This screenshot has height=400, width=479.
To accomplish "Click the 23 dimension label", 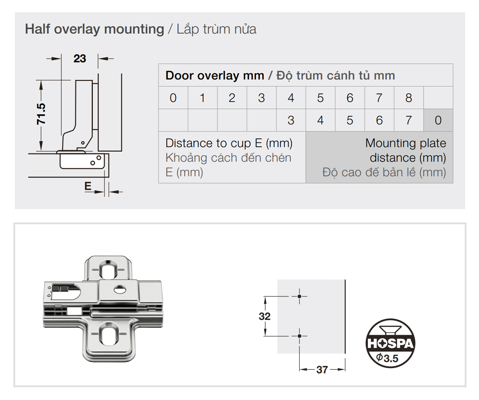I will click(80, 58).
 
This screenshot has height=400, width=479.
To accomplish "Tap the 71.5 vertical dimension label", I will click(41, 114).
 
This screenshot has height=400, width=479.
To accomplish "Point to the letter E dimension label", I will click(88, 186).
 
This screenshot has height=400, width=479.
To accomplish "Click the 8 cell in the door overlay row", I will click(409, 98).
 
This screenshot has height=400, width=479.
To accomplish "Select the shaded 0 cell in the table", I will click(438, 120).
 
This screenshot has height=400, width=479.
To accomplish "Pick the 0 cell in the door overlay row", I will click(173, 98).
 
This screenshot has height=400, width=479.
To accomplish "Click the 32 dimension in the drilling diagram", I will click(264, 316).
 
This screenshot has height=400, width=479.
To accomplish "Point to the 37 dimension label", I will click(322, 369).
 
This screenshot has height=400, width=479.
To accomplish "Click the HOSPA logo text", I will click(390, 343).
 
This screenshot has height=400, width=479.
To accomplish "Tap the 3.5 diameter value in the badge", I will click(391, 359).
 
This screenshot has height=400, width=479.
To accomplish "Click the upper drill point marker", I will click(299, 296).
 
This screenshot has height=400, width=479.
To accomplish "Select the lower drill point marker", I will click(299, 336).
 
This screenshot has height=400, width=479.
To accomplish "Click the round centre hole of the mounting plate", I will click(120, 290).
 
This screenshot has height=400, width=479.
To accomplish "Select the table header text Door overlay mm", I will click(215, 76).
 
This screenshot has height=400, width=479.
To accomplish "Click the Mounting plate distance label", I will click(405, 150).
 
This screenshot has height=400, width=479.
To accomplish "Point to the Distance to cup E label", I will click(229, 143).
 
